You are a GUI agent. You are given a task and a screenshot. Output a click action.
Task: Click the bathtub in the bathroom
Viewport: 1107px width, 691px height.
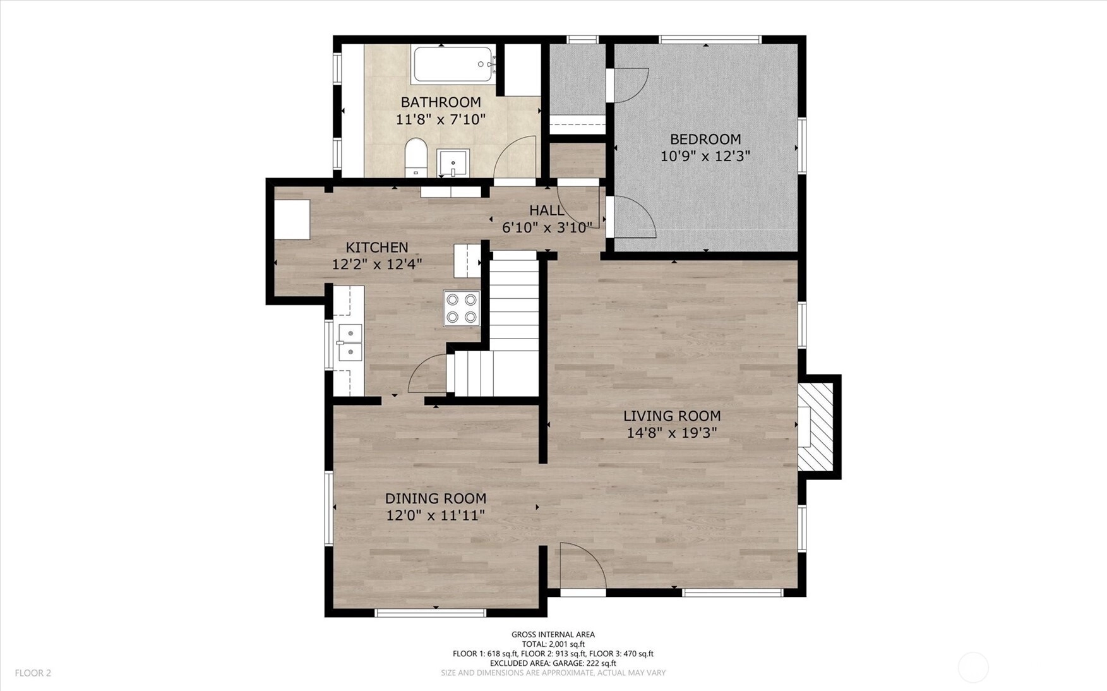coord(453,64)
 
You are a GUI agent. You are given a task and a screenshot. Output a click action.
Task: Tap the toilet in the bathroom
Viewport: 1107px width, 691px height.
coord(416,157)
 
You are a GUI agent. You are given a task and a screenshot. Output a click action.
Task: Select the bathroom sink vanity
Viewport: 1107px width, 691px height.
coord(453,164)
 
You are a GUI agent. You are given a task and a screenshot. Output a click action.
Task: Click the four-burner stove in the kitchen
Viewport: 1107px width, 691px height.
coord(462,308)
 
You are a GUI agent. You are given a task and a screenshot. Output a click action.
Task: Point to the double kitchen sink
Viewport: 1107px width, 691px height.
coord(349,342)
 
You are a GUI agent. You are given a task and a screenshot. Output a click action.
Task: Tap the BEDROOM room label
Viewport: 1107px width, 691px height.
coord(705,139)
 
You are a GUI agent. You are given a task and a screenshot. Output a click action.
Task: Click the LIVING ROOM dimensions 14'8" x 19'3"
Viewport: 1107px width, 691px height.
coord(672,433)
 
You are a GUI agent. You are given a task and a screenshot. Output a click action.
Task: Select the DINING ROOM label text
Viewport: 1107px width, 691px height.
coord(436,498)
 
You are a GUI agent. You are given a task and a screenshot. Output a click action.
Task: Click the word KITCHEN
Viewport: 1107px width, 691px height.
coord(377,247)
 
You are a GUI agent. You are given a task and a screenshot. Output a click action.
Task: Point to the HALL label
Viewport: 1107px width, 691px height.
coord(547,210)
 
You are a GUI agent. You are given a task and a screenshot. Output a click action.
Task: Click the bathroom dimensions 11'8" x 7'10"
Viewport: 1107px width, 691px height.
coord(441,119)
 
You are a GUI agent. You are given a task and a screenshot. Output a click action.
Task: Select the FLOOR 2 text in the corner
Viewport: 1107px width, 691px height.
coord(33,673)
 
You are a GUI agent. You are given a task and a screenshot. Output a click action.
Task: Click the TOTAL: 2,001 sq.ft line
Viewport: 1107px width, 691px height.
coord(553,644)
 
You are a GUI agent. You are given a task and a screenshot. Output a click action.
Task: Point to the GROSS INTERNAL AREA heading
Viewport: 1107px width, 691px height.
coord(553,635)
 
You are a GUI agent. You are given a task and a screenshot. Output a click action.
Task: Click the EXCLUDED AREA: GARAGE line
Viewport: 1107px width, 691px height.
coord(553,663)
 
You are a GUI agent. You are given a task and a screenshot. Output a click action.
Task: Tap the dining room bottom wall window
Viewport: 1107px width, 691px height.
coord(431,613)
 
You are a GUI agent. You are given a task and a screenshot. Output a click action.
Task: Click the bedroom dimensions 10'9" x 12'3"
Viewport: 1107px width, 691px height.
coord(705,156)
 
